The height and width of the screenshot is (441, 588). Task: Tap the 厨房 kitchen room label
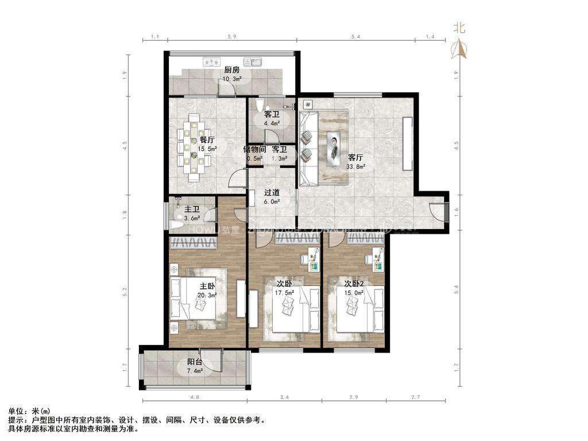[232, 71]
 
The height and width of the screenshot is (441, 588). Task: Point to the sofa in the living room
[308, 148]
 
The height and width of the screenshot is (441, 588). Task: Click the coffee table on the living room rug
[334, 148]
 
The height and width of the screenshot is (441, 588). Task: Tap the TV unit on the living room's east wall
[408, 143]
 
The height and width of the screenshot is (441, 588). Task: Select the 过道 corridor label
[272, 193]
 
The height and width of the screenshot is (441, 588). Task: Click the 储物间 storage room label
[254, 149]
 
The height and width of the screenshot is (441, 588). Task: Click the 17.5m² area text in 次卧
[284, 292]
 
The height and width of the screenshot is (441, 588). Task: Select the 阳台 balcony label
[195, 362]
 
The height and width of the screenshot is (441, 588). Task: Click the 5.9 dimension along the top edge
[232, 37]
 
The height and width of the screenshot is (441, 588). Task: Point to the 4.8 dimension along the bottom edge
[195, 397]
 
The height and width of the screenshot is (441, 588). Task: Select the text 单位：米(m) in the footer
[29, 412]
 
